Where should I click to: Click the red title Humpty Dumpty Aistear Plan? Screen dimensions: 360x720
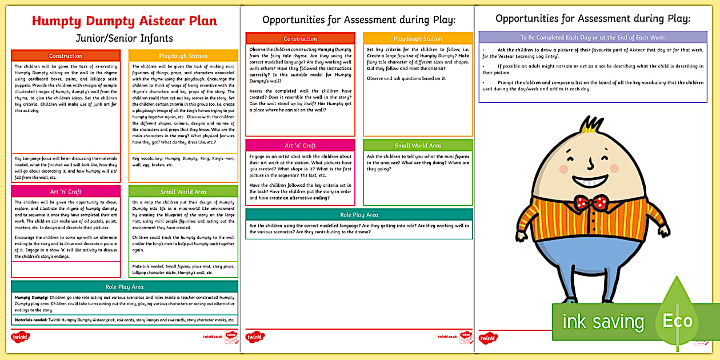tap(125, 22)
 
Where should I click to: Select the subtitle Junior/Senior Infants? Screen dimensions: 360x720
tap(125, 38)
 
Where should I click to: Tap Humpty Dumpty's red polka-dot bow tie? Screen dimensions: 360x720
tap(591, 202)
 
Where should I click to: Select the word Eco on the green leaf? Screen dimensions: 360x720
tap(677, 321)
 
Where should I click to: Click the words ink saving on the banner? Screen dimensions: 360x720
tap(603, 322)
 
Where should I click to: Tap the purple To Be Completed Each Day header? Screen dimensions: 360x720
tap(593, 38)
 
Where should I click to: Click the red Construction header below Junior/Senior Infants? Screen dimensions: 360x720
tap(66, 56)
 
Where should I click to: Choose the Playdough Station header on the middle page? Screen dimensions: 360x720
tap(418, 39)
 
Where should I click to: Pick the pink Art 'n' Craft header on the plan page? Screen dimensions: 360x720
tap(66, 191)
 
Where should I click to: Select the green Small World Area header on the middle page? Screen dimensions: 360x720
tap(418, 146)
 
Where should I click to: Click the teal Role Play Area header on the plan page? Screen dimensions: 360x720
tap(125, 287)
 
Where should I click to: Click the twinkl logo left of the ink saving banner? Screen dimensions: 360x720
tap(488, 337)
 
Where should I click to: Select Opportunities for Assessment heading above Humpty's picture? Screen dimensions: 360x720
tap(593, 19)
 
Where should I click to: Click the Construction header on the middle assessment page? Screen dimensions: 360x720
tap(300, 39)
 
